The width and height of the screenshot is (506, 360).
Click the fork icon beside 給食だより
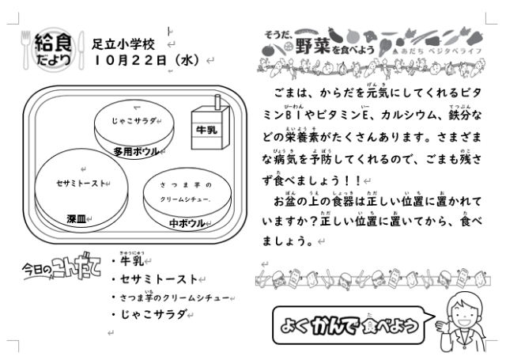[25, 49]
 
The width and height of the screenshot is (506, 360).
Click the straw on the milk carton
[218, 103]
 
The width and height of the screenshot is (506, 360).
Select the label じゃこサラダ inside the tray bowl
[134, 121]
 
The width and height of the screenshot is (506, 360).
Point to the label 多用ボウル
[136, 151]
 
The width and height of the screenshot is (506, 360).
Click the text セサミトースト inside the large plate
[81, 184]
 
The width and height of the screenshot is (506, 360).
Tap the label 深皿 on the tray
[77, 219]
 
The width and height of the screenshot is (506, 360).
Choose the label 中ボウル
[187, 223]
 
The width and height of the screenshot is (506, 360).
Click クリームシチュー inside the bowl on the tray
[184, 199]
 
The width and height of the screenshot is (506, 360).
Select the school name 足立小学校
[123, 44]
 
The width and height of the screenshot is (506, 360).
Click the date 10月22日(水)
[147, 60]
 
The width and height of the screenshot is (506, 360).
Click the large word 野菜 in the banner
[312, 46]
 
